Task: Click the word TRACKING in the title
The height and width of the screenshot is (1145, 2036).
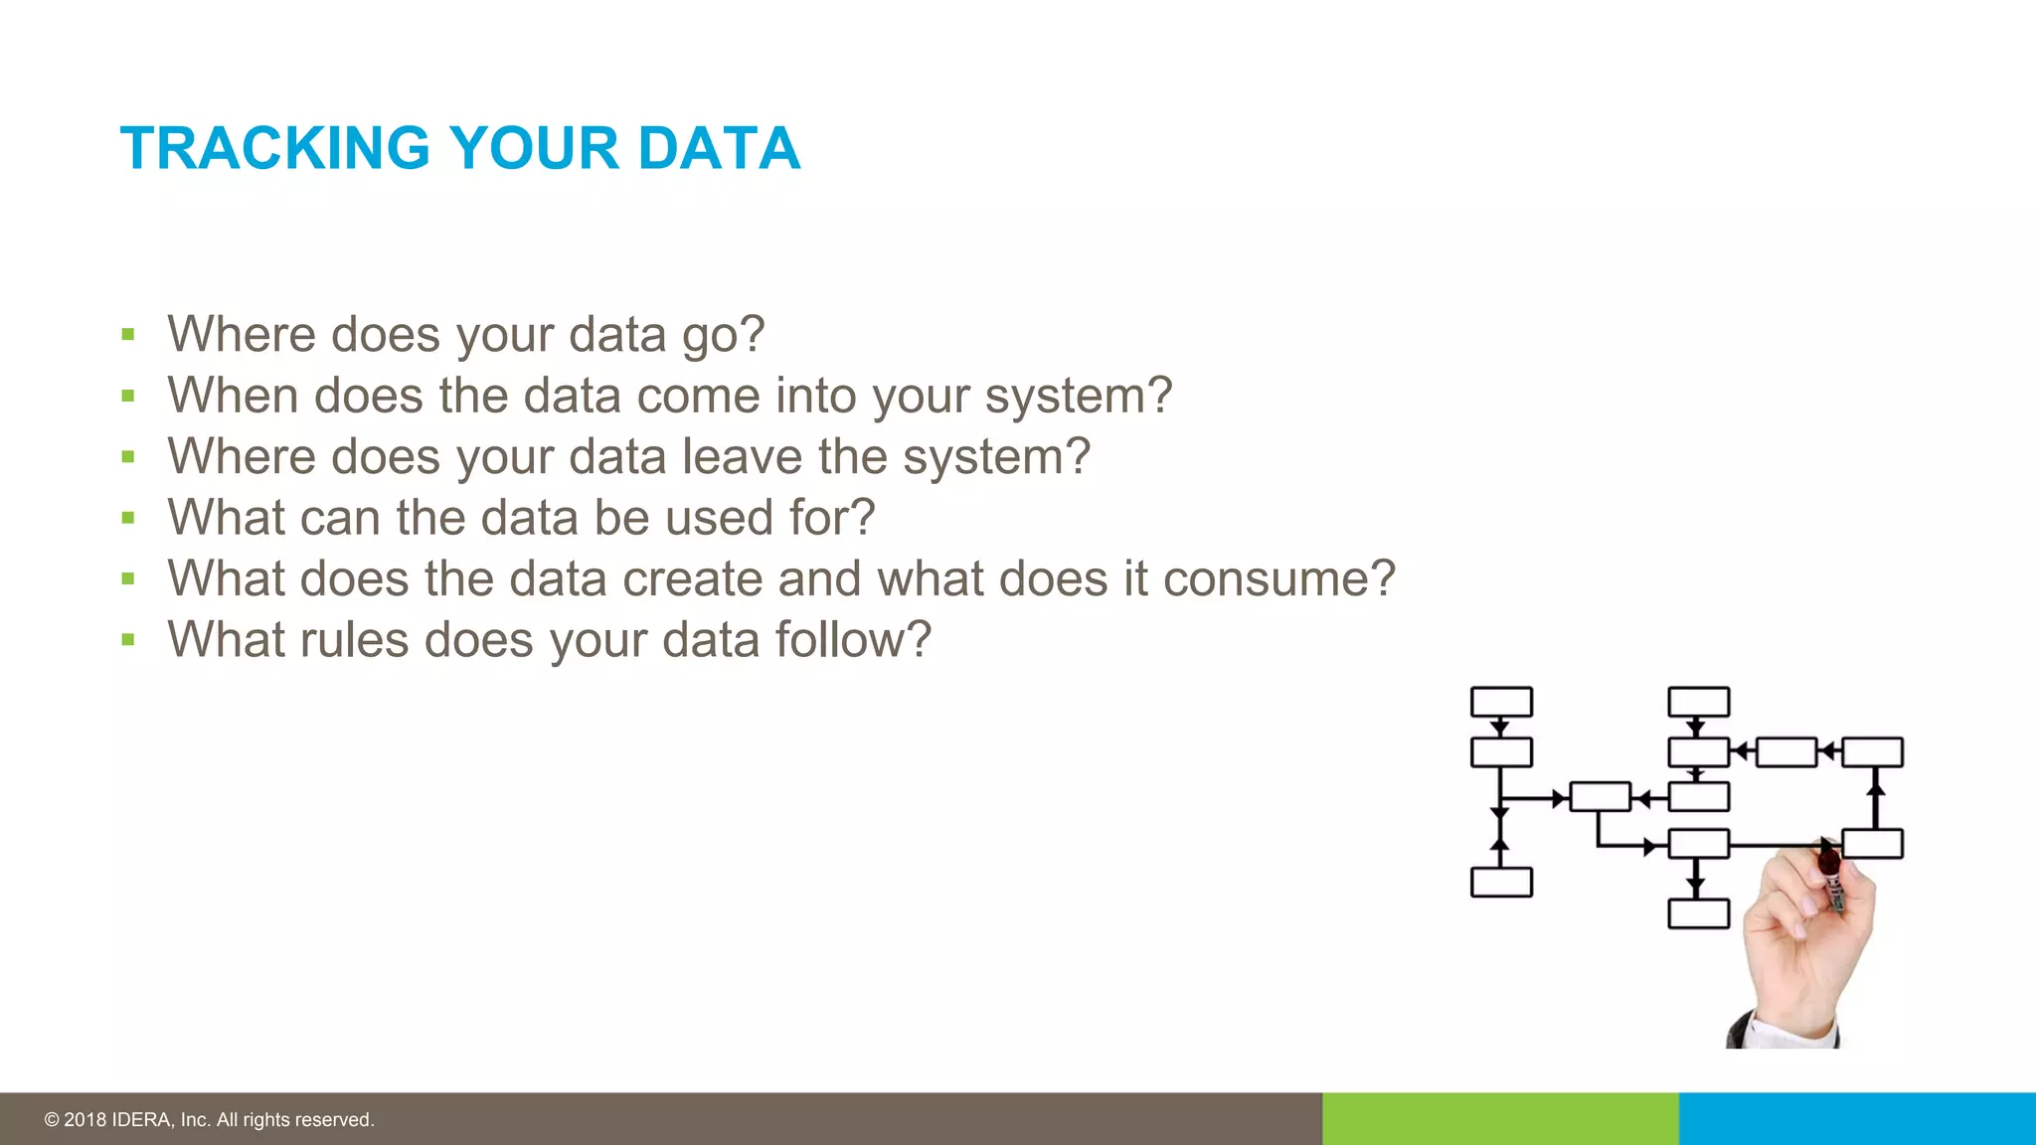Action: [274, 149]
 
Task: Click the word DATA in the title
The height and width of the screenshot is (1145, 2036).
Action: [719, 149]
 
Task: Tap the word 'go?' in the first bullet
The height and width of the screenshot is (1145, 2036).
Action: [723, 336]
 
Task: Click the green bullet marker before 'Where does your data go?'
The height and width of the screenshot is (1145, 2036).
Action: [127, 335]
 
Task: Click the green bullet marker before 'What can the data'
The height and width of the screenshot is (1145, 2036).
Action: [127, 518]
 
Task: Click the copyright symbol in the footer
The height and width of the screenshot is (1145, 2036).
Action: [52, 1120]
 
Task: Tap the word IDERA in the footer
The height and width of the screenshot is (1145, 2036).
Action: [142, 1120]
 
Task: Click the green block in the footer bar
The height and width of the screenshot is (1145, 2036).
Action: [1499, 1118]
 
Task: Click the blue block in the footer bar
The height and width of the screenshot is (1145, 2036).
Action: [1856, 1118]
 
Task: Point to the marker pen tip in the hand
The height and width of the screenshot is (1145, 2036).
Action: [1827, 846]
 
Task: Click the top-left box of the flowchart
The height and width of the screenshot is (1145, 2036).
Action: [1501, 702]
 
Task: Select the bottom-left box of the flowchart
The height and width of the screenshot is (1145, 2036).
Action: [1501, 883]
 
